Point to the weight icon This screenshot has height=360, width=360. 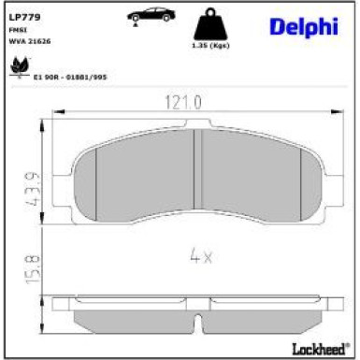(x=210, y=23)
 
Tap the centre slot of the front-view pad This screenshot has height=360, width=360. (x=196, y=168)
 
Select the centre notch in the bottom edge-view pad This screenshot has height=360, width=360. (x=198, y=324)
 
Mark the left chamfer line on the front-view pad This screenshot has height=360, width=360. (x=96, y=172)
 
